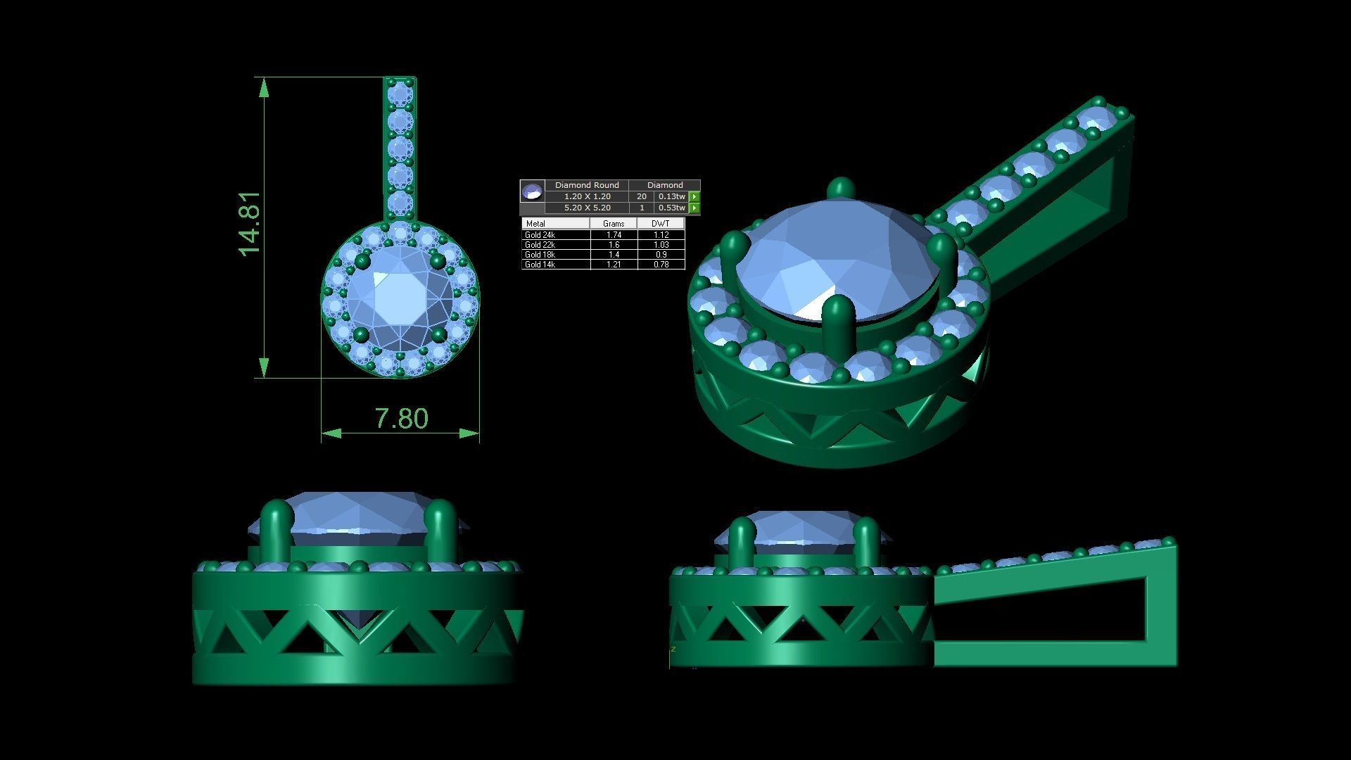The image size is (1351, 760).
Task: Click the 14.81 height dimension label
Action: [x=250, y=224]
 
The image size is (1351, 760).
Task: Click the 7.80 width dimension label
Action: [x=401, y=419]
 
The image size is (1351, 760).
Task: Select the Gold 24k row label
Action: [x=540, y=234]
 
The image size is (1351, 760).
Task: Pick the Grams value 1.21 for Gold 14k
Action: [x=614, y=265]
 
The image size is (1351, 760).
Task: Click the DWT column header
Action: [x=660, y=223]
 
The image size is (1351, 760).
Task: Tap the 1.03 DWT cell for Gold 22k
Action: [x=660, y=245]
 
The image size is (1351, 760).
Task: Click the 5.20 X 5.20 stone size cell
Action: [x=587, y=208]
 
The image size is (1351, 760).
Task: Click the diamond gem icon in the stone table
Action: [x=532, y=190]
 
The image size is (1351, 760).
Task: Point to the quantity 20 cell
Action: [x=641, y=196]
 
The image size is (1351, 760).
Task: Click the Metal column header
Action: [x=536, y=223]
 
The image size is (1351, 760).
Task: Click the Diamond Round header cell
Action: [x=587, y=185]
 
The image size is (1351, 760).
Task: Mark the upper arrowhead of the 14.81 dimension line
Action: [x=264, y=87]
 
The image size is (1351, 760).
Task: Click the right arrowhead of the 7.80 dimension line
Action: [x=470, y=433]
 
